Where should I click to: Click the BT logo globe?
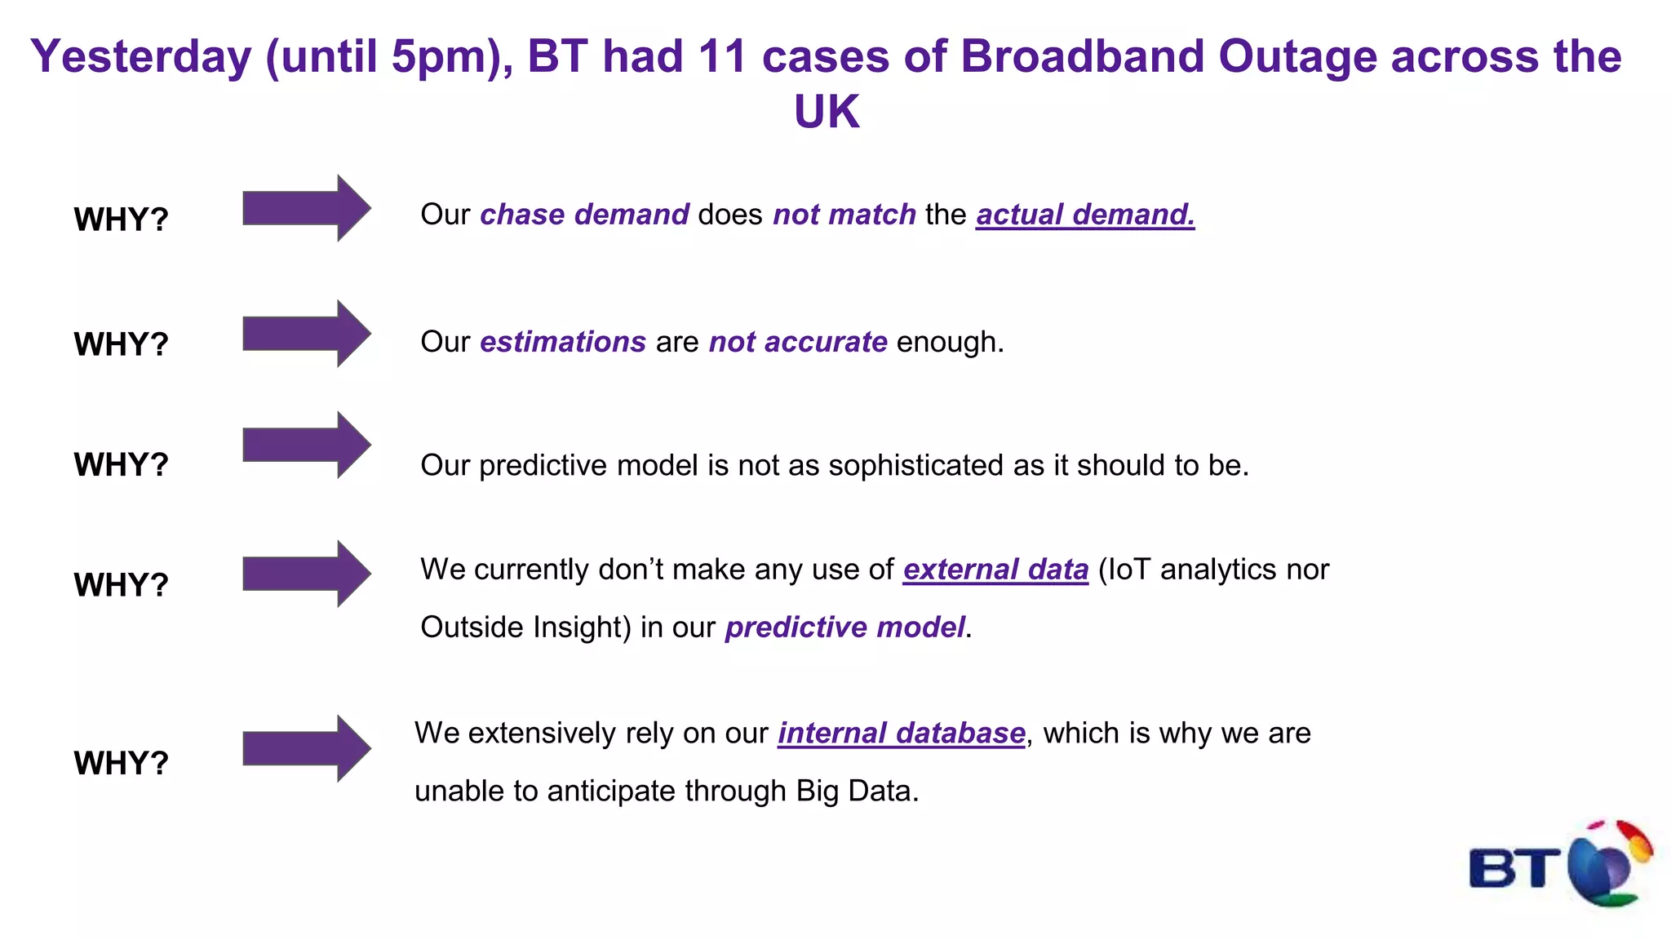[1606, 865]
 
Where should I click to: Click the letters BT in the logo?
[1514, 869]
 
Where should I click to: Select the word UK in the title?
[827, 112]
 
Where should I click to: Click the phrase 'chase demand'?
[584, 215]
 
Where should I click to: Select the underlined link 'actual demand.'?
[1085, 215]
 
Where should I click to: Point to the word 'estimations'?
[563, 342]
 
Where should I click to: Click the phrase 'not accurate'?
[797, 342]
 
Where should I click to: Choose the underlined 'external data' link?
[995, 570]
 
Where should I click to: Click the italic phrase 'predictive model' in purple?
[844, 627]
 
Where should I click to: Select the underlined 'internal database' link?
[901, 734]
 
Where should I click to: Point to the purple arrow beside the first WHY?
[306, 208]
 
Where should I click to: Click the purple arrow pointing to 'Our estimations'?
[306, 334]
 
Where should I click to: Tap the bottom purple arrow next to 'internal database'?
[306, 749]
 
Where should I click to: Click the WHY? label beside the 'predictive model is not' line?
[121, 465]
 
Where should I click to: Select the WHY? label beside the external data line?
[121, 585]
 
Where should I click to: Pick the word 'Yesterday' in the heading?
[141, 57]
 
